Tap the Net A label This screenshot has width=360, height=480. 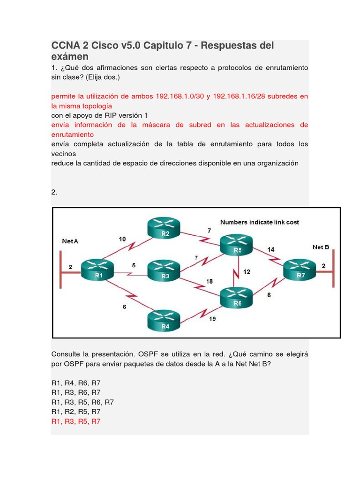point(70,241)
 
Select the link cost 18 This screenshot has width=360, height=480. point(210,281)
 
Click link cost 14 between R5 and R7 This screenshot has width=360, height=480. point(271,249)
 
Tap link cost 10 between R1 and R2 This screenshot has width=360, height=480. point(122,239)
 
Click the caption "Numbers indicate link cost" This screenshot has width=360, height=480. point(259,222)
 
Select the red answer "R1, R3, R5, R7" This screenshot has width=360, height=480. point(76,421)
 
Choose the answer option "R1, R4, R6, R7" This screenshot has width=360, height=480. point(76,382)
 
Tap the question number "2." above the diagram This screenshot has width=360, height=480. point(54,192)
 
